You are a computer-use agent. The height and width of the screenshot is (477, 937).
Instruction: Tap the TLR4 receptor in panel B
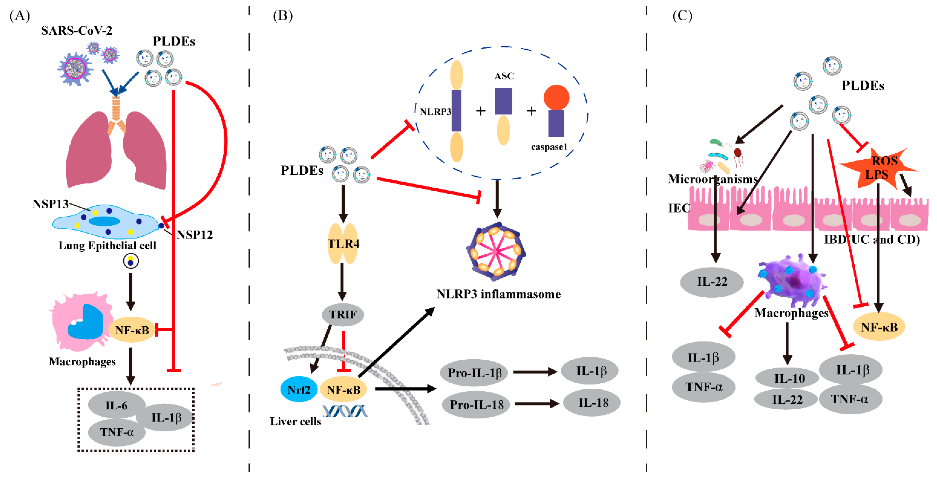point(343,244)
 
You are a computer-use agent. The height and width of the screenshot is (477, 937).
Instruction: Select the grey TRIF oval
point(343,314)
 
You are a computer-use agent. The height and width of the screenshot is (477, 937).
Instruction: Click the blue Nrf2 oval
point(299,389)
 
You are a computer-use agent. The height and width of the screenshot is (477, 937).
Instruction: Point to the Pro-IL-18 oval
point(476,404)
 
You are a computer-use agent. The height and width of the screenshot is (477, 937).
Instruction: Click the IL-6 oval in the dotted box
point(116,405)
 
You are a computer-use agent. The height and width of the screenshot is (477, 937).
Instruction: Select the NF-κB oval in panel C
point(879,327)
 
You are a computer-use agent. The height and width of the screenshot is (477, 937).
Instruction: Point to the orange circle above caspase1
point(556,97)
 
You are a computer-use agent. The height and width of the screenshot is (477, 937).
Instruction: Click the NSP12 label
point(195,235)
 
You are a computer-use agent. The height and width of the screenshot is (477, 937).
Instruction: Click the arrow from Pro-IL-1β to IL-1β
point(535,372)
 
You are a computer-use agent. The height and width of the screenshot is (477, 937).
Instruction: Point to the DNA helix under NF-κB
point(345,411)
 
